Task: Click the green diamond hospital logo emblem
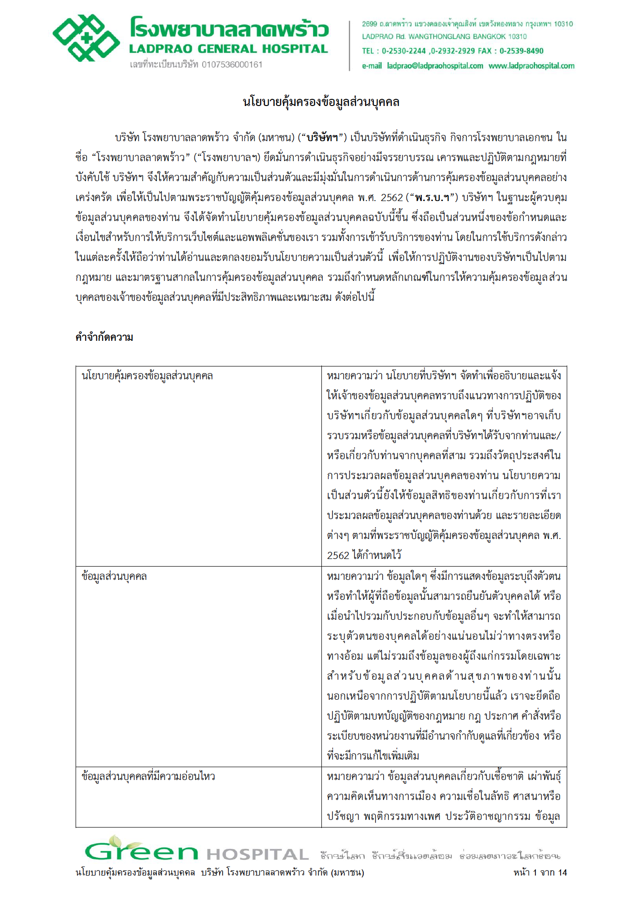86,38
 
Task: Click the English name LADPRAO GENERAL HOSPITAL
228,49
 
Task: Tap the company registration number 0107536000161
232,65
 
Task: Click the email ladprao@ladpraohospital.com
435,66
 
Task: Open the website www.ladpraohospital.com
531,66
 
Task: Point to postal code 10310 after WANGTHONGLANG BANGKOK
518,37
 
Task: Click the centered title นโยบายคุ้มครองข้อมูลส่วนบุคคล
321,102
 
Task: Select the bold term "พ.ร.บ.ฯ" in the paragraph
433,197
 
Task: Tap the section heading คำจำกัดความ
104,337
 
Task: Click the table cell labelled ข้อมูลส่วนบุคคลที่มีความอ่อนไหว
148,777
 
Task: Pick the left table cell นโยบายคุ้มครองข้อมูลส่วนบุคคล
147,376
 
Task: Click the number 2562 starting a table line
338,555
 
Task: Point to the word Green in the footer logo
141,853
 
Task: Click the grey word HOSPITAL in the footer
257,855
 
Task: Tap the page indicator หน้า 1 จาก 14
540,873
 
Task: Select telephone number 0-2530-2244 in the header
404,51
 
